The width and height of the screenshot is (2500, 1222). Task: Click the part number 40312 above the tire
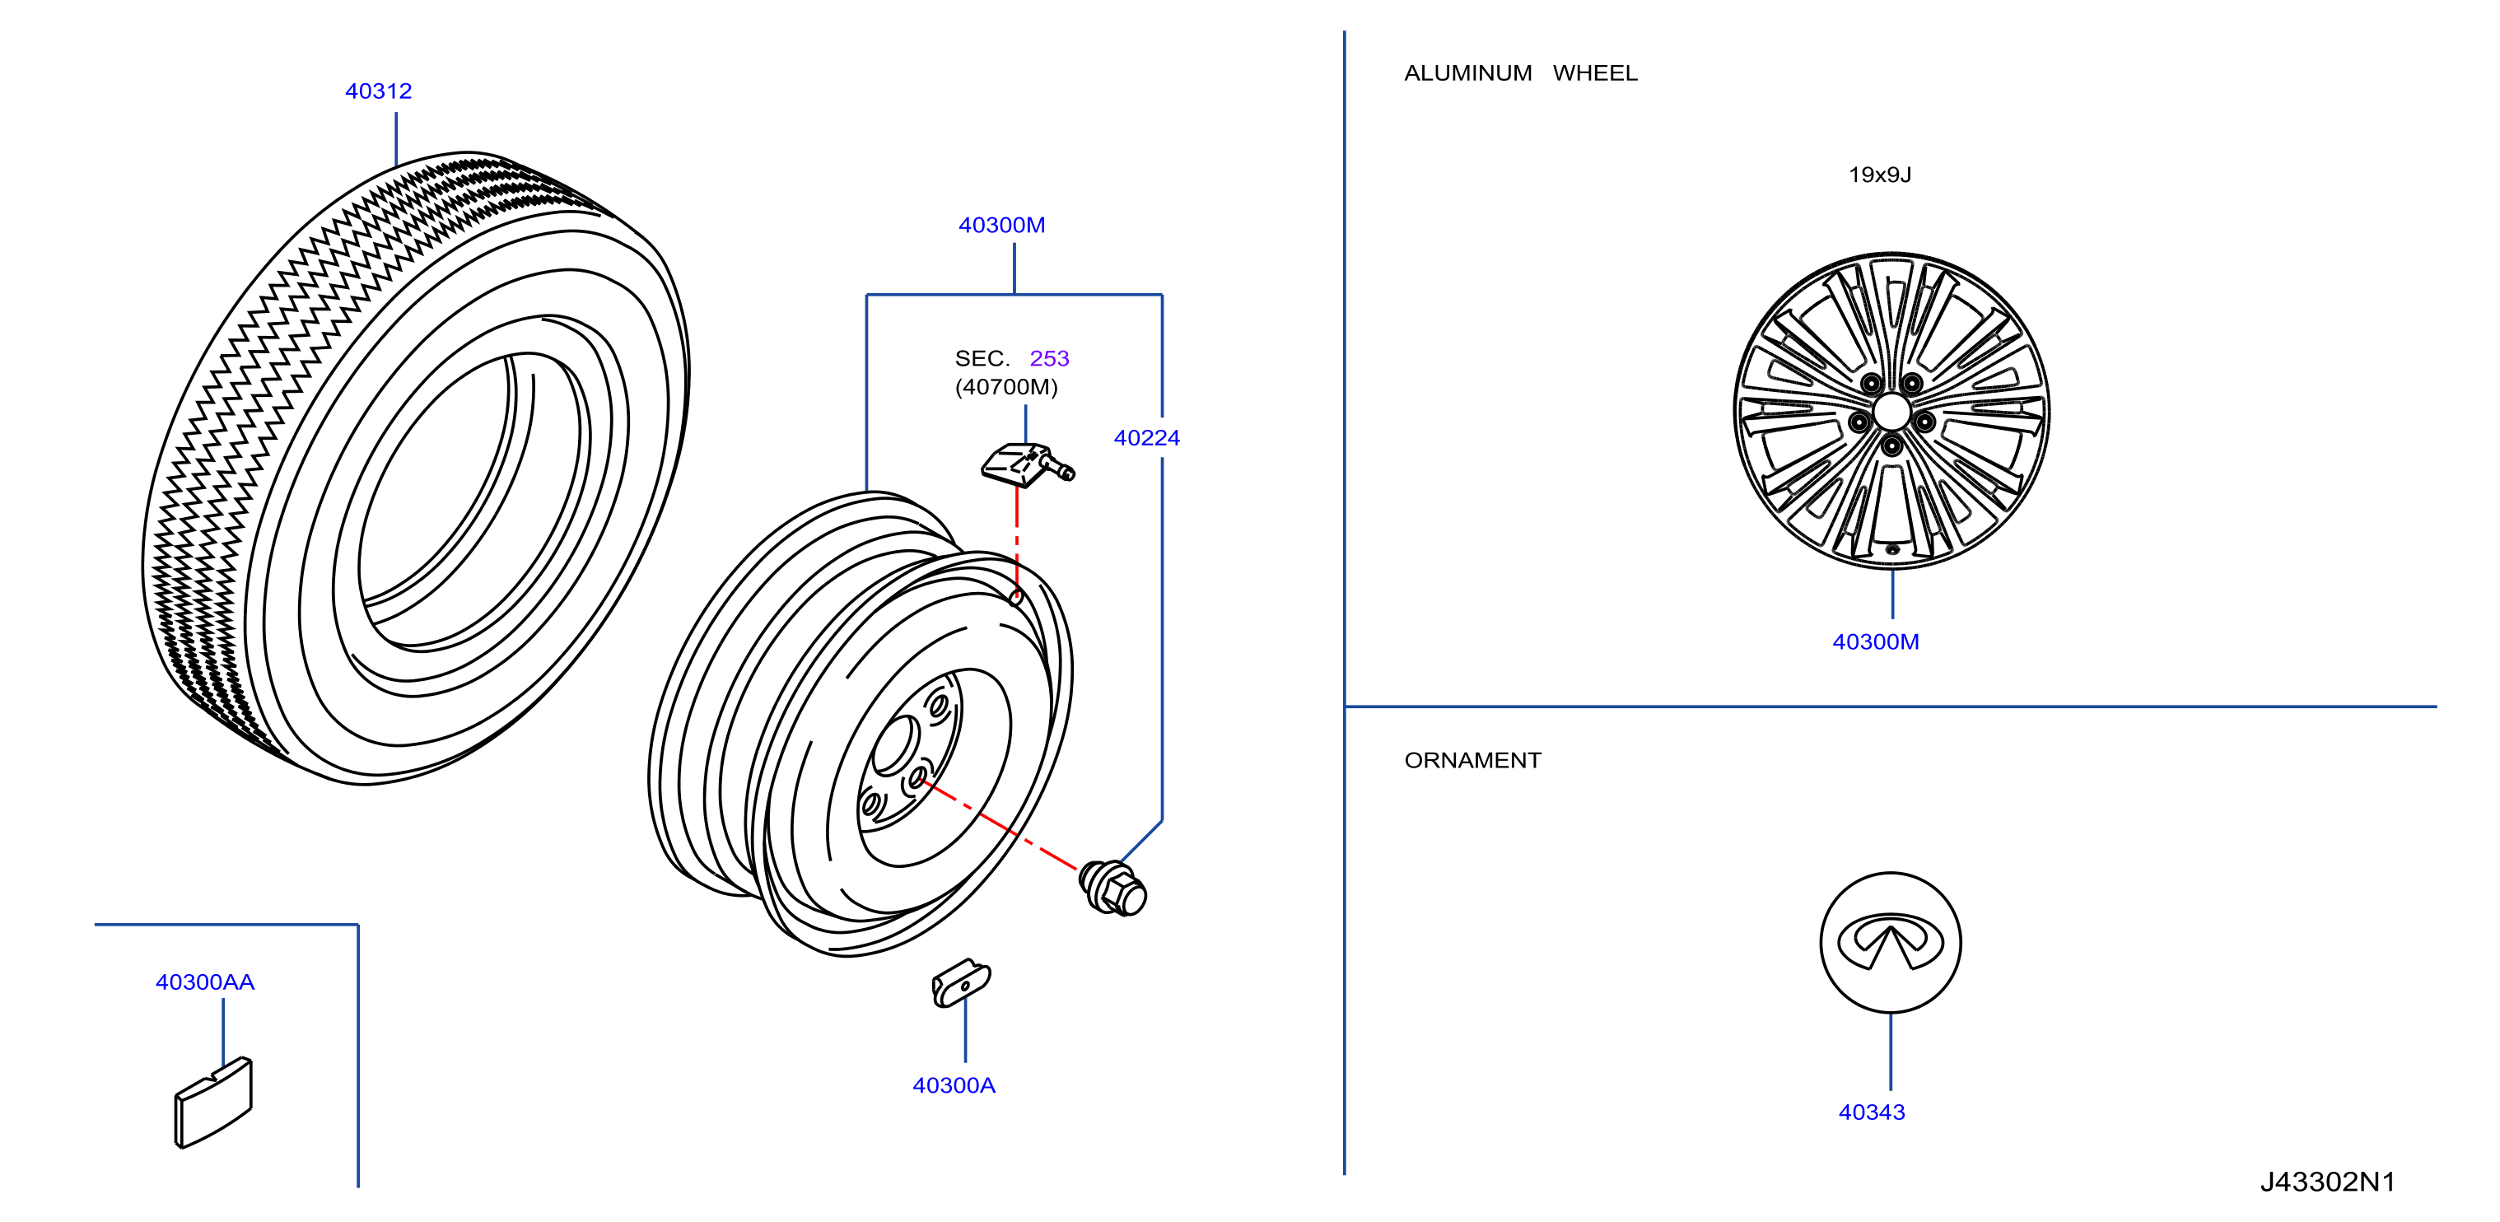click(x=379, y=91)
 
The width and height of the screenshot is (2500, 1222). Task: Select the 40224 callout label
click(x=1146, y=438)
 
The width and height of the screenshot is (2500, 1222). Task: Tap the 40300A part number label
click(x=954, y=1085)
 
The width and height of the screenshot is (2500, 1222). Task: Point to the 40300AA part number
click(x=205, y=982)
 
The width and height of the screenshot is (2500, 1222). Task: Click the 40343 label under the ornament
click(x=1871, y=1112)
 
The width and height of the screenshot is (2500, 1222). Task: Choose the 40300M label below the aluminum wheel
click(x=1875, y=641)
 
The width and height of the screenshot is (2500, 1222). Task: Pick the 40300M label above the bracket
click(x=1001, y=225)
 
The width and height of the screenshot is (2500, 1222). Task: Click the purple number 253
click(x=1049, y=358)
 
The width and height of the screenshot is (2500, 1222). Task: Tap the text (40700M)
click(x=1006, y=387)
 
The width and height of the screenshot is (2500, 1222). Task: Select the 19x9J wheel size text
click(x=1880, y=175)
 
